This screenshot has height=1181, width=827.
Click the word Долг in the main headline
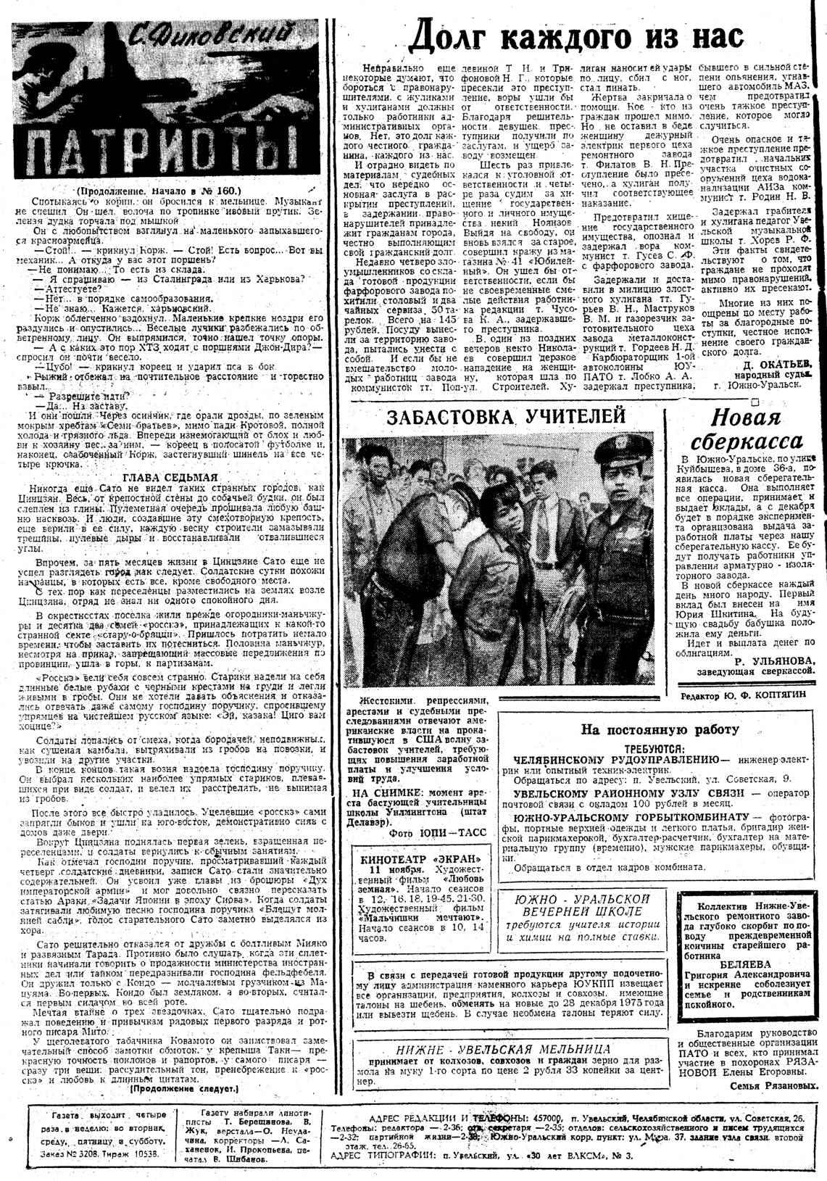tap(462, 35)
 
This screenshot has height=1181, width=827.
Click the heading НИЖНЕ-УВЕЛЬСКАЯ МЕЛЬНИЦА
tap(503, 1048)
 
